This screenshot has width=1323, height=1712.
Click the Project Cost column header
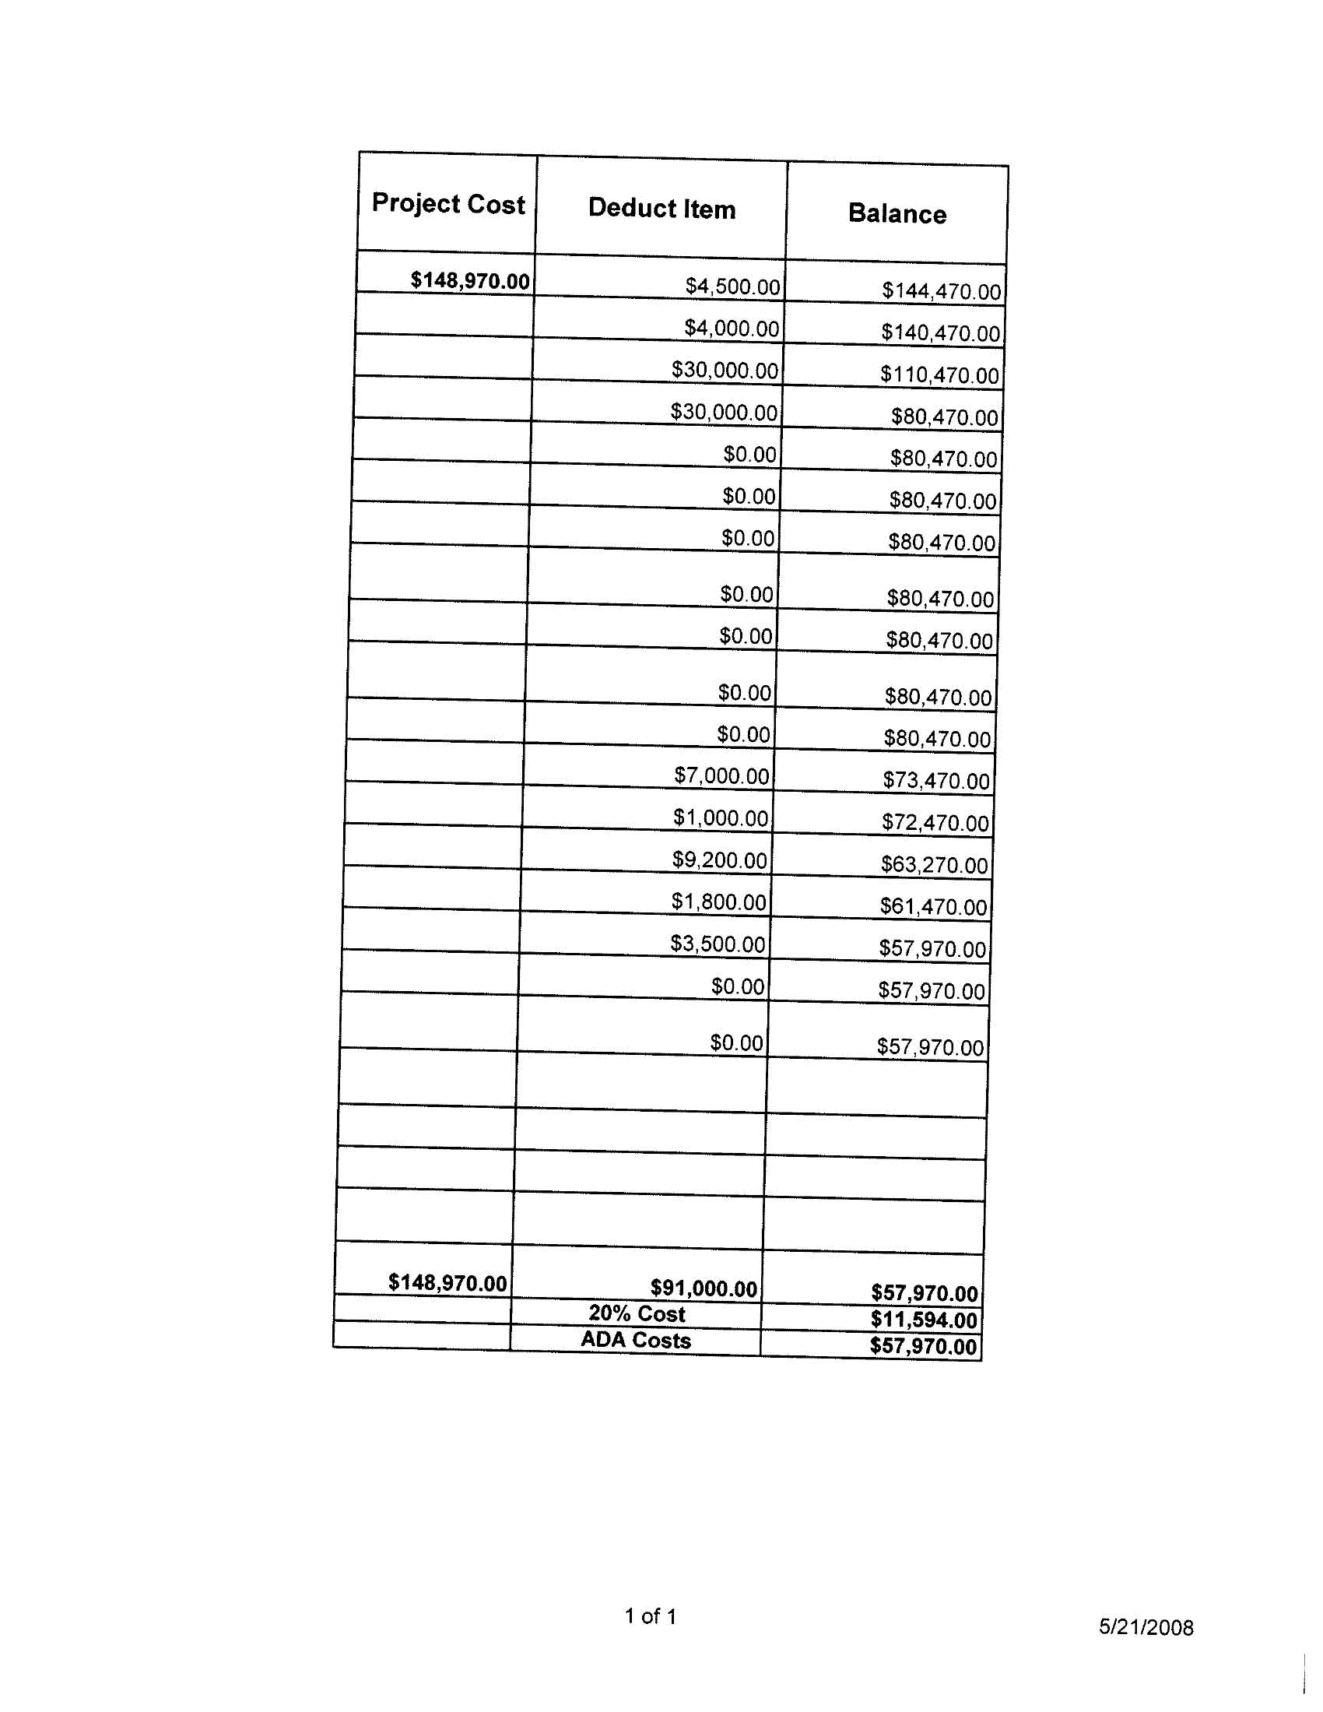pos(447,204)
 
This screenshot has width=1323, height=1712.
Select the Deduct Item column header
pos(661,209)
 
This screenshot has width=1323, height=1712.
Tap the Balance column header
pos(897,214)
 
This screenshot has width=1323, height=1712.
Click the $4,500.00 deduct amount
pos(732,287)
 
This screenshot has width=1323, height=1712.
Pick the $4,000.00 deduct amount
pos(732,329)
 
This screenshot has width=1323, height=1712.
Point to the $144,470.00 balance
pos(941,292)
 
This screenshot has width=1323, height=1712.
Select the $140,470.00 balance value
pos(940,333)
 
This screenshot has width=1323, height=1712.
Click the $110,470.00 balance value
pos(939,375)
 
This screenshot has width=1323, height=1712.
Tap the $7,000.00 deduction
pos(721,776)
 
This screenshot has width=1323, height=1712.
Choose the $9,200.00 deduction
pos(719,861)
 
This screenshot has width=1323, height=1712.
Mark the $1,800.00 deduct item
pos(718,902)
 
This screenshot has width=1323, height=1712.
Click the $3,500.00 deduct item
pos(718,944)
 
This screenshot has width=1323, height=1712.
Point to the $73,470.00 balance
pos(935,781)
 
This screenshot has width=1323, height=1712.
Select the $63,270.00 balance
pos(933,866)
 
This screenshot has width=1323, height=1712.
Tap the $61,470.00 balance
pos(932,907)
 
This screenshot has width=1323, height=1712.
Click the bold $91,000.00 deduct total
pos(703,1288)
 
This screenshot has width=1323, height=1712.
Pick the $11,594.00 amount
pos(923,1320)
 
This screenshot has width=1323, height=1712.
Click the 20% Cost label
pos(637,1314)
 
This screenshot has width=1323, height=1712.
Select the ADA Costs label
pos(636,1341)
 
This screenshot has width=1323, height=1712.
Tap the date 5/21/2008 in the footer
pos(1145,1628)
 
